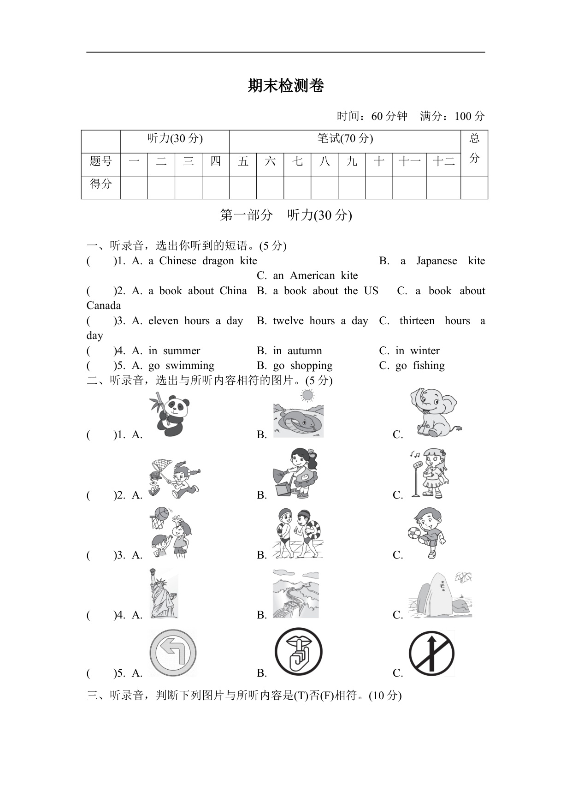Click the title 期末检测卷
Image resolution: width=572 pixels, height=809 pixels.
(x=286, y=86)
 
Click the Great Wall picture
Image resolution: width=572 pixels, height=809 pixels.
(x=295, y=594)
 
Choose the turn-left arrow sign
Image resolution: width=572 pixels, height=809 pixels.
(x=173, y=653)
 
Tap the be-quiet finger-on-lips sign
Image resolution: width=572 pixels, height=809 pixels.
(x=298, y=652)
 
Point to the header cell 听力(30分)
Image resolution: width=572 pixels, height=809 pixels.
(x=175, y=138)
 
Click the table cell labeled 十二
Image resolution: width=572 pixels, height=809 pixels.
(x=443, y=161)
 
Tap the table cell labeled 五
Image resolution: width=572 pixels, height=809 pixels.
(x=243, y=161)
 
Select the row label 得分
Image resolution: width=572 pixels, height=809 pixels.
(x=100, y=184)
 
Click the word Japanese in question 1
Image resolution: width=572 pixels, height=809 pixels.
(x=436, y=261)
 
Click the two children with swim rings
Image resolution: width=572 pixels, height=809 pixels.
(x=297, y=533)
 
